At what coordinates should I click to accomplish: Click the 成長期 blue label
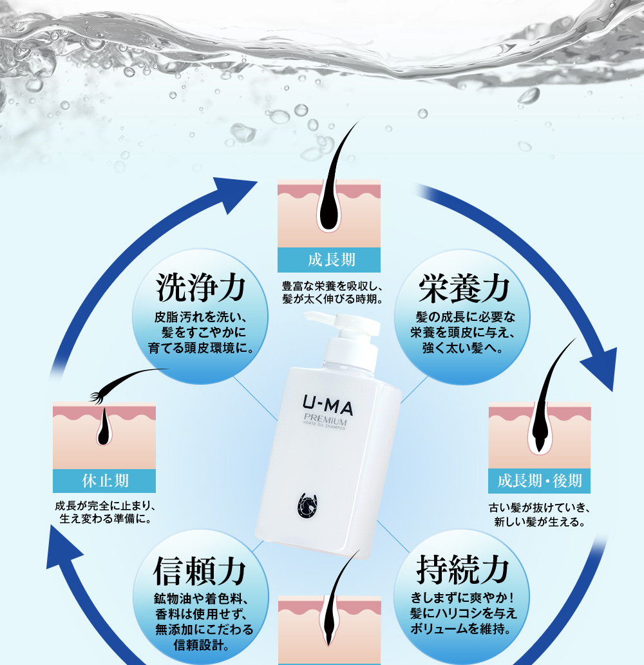pos(329,260)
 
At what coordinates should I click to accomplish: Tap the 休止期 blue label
pos(104,480)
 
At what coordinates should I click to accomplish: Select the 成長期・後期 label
pos(539,480)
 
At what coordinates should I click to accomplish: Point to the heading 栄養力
pos(463,289)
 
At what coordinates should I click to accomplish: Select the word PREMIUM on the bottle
pos(325,422)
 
